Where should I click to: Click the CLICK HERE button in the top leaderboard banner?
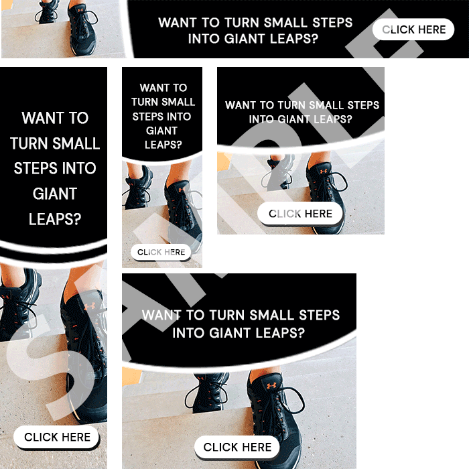tap(413, 29)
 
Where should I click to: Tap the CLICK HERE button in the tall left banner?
tap(56, 437)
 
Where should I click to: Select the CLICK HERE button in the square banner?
tap(300, 213)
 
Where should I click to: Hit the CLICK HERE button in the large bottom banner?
tap(237, 447)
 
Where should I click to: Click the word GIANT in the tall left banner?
tap(55, 194)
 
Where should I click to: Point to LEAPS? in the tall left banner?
tap(55, 219)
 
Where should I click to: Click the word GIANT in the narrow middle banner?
tap(162, 131)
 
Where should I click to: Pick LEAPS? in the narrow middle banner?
tap(163, 145)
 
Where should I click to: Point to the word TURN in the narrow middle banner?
tap(144, 102)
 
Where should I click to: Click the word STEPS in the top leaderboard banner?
tap(332, 23)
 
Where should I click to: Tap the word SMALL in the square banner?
tap(326, 105)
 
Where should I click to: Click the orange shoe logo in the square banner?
tap(324, 172)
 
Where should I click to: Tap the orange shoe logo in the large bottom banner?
tap(271, 386)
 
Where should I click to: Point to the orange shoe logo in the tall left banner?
tap(90, 306)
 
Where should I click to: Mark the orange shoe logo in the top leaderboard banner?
tap(80, 10)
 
